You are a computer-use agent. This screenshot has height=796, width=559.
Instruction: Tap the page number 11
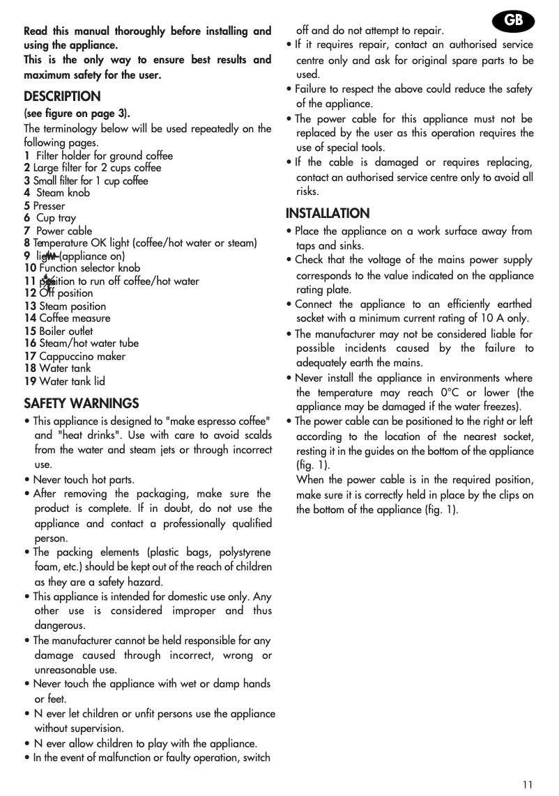(528, 784)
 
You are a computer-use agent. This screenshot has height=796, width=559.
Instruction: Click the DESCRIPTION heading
(62, 96)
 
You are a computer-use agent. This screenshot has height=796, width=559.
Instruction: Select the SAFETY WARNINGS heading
(81, 403)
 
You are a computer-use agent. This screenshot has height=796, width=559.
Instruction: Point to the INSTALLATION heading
(328, 213)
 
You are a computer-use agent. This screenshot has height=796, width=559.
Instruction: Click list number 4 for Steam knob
(26, 193)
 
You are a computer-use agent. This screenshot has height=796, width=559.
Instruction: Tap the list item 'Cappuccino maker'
(82, 356)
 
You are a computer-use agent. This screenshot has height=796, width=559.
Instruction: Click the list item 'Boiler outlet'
(66, 331)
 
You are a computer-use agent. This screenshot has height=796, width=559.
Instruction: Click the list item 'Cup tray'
(56, 218)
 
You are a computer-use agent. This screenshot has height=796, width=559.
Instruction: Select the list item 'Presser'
(49, 205)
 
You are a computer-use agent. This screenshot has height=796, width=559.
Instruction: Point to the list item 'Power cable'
(63, 231)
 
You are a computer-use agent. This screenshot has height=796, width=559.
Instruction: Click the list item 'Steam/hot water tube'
(89, 343)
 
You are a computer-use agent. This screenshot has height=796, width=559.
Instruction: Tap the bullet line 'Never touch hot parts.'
(84, 480)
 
